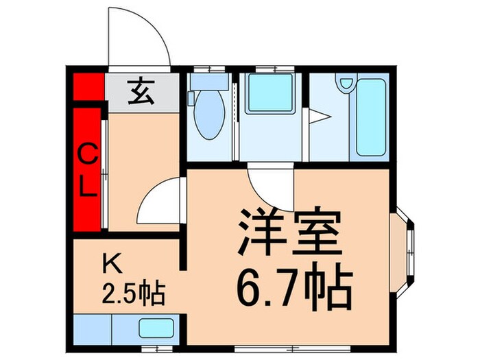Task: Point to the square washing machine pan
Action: (269, 93)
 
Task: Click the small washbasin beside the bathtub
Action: (345, 86)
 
